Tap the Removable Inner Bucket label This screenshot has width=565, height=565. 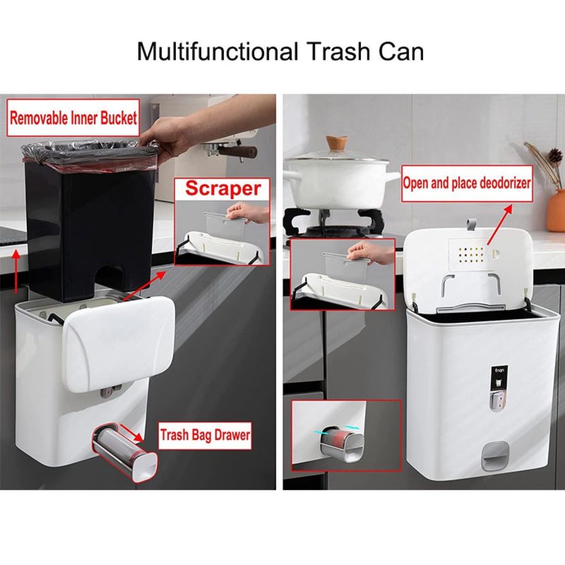(73, 117)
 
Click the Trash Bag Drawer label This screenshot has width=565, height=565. (205, 434)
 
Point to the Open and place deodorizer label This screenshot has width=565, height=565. (467, 183)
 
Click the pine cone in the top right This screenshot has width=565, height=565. (554, 155)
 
